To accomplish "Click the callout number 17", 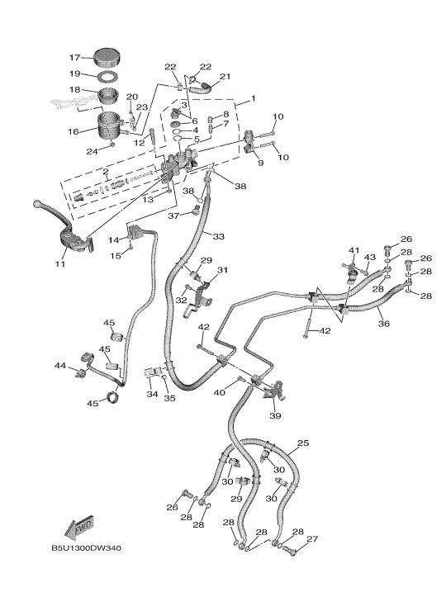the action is pyautogui.click(x=74, y=58).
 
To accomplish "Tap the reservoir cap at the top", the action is pyautogui.click(x=107, y=57).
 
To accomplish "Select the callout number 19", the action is pyautogui.click(x=74, y=73).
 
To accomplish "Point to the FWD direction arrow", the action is pyautogui.click(x=79, y=527).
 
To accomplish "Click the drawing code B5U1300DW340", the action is pyautogui.click(x=87, y=548).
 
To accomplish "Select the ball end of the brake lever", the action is pyautogui.click(x=36, y=204).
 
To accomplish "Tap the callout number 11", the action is pyautogui.click(x=59, y=264).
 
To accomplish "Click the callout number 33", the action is pyautogui.click(x=219, y=236).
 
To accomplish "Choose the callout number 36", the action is pyautogui.click(x=384, y=324).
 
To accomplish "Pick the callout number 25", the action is pyautogui.click(x=303, y=443).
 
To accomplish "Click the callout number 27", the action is pyautogui.click(x=312, y=539).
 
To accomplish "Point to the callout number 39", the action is pyautogui.click(x=275, y=415).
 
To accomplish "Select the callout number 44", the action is pyautogui.click(x=60, y=366).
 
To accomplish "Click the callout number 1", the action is pyautogui.click(x=253, y=98).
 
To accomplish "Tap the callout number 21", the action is pyautogui.click(x=225, y=77).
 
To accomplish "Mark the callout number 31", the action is pyautogui.click(x=222, y=270).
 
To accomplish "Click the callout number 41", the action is pyautogui.click(x=354, y=250).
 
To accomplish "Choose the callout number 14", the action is pyautogui.click(x=113, y=240).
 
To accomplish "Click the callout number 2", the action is pyautogui.click(x=106, y=171).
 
